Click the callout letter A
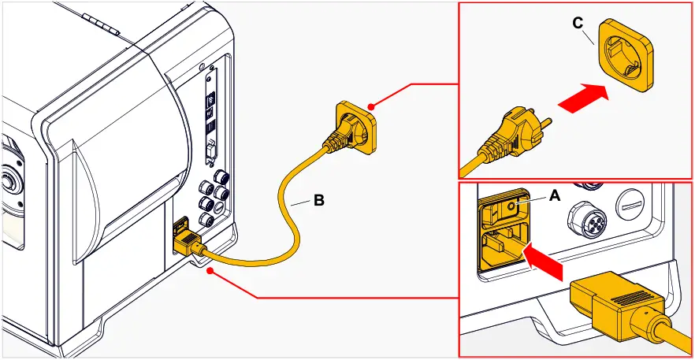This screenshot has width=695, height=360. point(554,196)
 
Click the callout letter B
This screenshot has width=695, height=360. point(318,200)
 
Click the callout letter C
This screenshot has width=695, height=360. point(578,24)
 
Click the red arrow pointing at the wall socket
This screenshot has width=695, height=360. point(585,98)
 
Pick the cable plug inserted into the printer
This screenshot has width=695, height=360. point(187,243)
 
